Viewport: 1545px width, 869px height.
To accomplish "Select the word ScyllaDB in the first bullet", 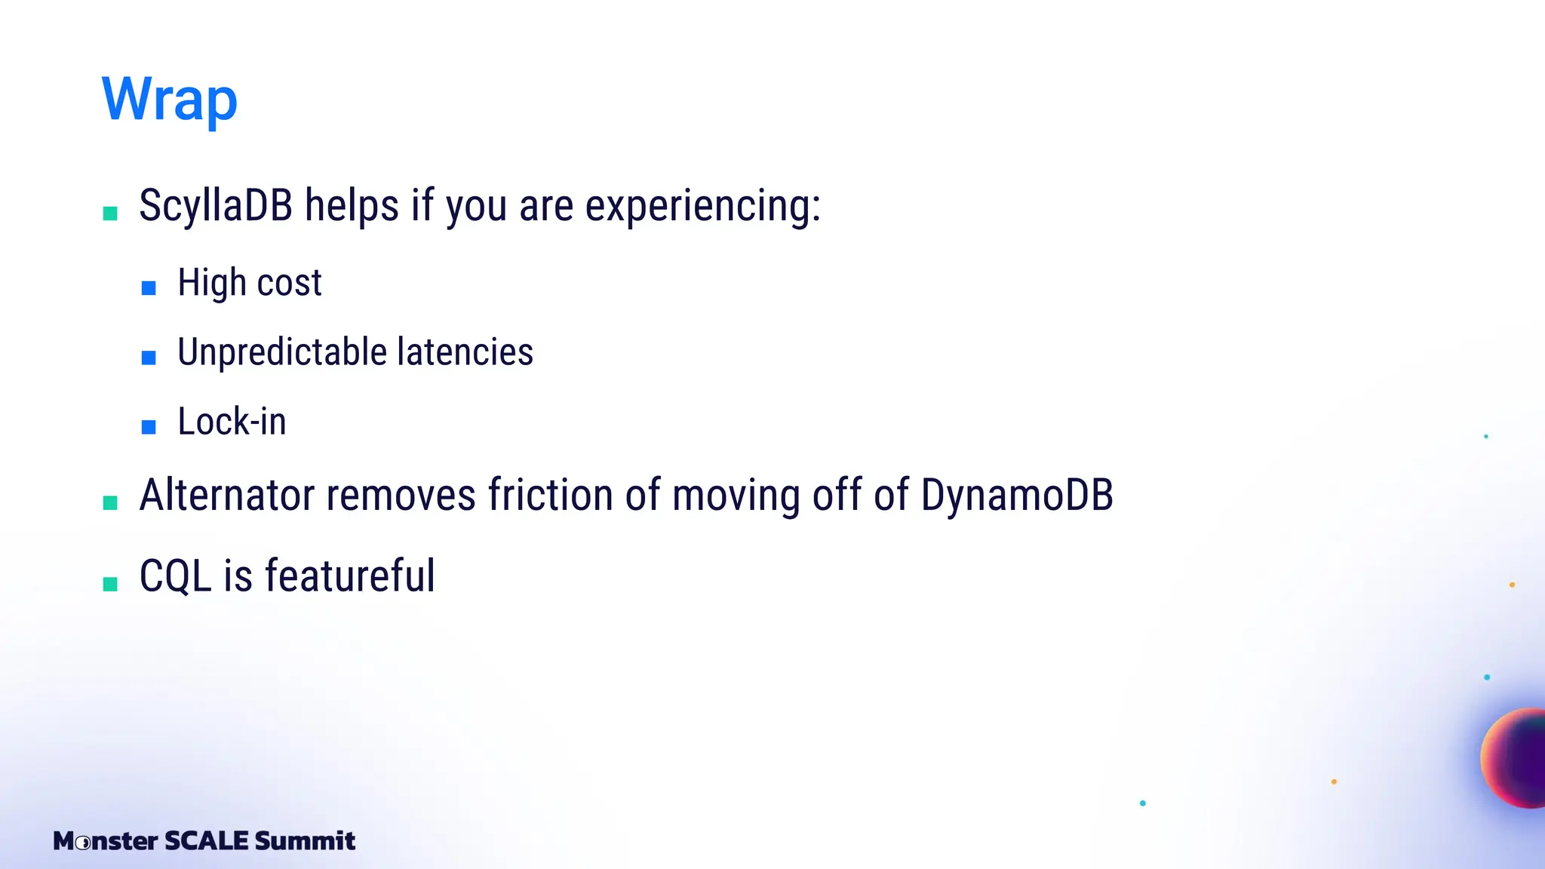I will point(216,205).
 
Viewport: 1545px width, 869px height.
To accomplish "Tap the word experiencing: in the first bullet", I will point(702,205).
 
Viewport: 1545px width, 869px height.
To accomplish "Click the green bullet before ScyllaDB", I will point(110,213).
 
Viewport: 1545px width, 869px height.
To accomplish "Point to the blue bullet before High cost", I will point(149,287).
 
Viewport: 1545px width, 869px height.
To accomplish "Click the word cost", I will point(289,283).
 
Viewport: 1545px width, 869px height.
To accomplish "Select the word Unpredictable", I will point(282,352).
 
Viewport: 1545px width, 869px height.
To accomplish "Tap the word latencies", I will point(465,352).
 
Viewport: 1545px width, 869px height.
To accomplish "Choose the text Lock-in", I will point(232,421).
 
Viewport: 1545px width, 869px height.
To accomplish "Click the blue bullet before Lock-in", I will point(149,427).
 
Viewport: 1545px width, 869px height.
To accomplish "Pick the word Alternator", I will point(226,495).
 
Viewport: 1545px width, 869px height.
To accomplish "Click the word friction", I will point(550,495).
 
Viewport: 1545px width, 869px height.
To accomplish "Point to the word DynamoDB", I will point(1017,495).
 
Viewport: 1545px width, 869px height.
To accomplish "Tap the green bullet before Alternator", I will point(110,502).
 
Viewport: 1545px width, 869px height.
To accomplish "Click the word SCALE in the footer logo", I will point(206,840).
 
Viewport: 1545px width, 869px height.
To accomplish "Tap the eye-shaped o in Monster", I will point(84,842).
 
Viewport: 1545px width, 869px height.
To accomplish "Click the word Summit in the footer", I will point(305,840).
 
